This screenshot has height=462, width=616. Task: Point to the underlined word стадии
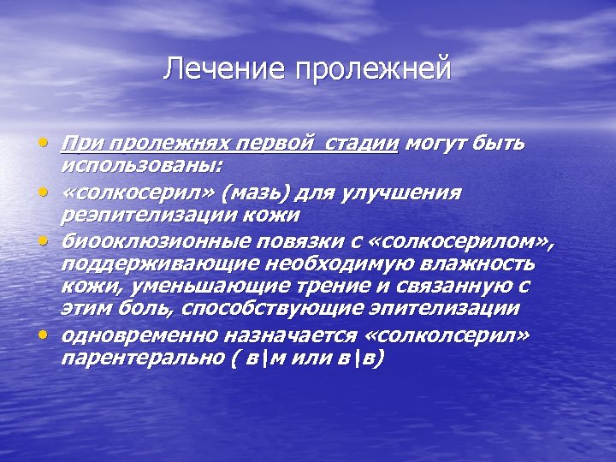[x=359, y=143]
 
